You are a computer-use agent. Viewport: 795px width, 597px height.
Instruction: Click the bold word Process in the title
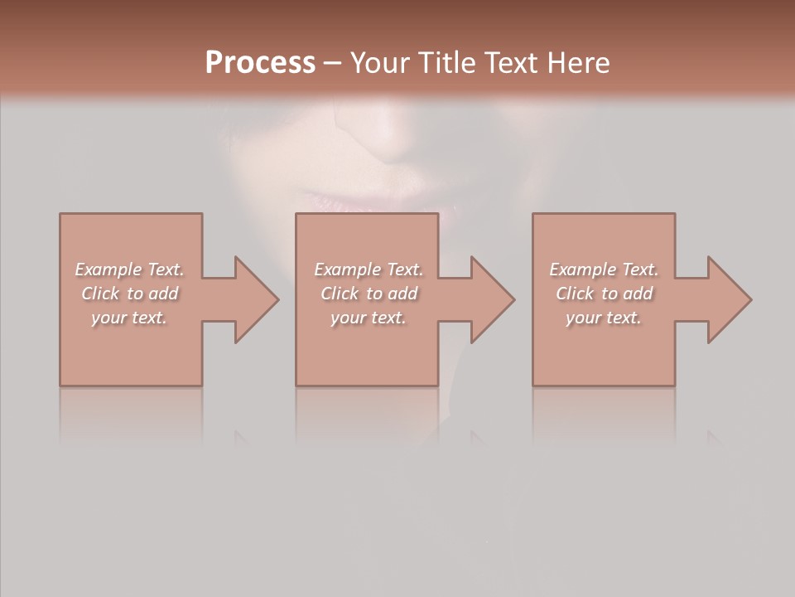click(x=260, y=63)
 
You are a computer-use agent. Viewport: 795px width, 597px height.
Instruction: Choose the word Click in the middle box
click(x=340, y=294)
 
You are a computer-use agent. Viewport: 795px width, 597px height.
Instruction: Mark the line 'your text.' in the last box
click(x=604, y=318)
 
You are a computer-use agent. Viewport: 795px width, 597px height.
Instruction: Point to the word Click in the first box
click(x=101, y=294)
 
